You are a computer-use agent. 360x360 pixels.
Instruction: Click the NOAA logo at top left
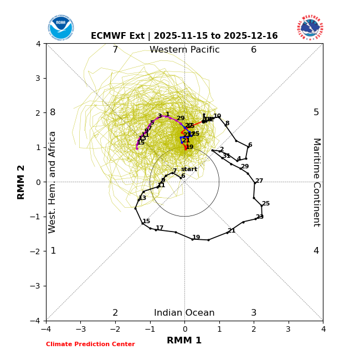[x=60, y=27]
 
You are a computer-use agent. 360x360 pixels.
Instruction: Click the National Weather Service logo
[x=310, y=27]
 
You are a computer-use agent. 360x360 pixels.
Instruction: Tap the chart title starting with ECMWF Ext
[x=184, y=36]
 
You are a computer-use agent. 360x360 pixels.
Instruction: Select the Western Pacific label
[x=184, y=50]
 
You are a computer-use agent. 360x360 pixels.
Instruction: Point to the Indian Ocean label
[x=184, y=313]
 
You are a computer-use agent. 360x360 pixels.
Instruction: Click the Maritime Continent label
[x=316, y=182]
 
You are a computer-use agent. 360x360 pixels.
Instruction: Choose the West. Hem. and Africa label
[x=53, y=182]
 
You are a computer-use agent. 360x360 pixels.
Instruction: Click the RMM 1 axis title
[x=184, y=341]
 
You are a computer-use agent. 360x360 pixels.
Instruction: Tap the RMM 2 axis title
[x=22, y=182]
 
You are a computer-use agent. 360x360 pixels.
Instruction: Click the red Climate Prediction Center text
[x=90, y=344]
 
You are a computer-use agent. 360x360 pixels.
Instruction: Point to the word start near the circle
[x=189, y=169]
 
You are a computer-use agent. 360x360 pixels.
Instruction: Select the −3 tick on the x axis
[x=80, y=329]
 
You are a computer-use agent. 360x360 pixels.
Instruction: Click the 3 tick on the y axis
[x=38, y=78]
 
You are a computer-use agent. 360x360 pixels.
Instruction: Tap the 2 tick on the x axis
[x=254, y=329]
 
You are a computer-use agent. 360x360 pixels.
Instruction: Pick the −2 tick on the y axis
[x=37, y=251]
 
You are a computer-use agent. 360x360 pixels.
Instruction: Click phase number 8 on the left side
[x=53, y=112]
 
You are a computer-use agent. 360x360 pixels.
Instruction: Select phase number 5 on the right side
[x=316, y=112]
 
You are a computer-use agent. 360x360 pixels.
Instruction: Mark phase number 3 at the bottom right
[x=254, y=313]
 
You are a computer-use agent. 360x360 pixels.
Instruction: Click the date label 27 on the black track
[x=259, y=181]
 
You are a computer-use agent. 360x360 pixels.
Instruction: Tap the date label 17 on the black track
[x=160, y=228]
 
